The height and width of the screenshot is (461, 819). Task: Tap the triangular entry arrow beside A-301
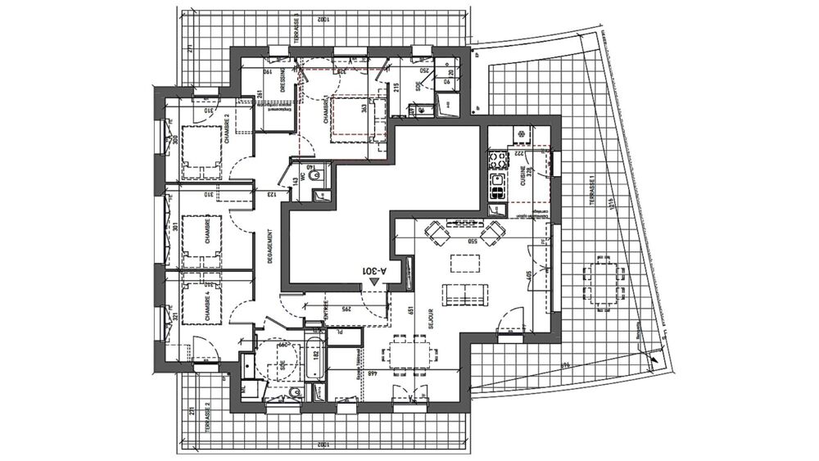pyautogui.click(x=374, y=281)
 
